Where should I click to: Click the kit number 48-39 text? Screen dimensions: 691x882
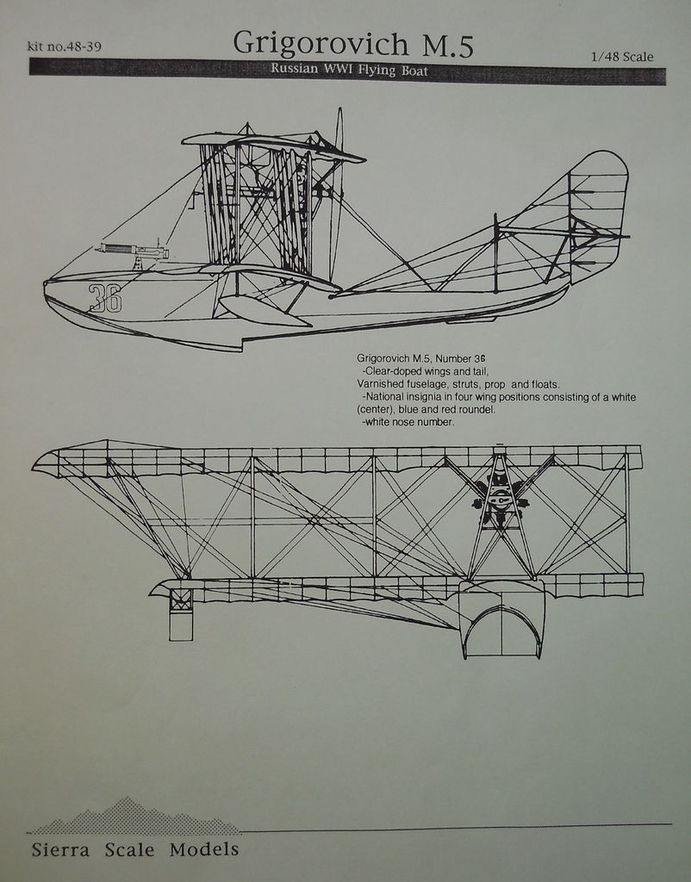point(65,47)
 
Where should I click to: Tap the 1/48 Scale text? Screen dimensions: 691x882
point(621,57)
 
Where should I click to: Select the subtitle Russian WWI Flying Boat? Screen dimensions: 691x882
point(348,70)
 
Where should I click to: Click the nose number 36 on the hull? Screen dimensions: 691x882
point(104,298)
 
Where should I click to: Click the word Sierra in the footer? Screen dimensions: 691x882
point(60,850)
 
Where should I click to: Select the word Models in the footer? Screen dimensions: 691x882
point(204,850)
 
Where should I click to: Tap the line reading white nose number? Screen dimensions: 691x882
point(408,422)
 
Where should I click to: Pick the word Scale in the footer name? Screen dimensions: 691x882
point(129,850)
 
